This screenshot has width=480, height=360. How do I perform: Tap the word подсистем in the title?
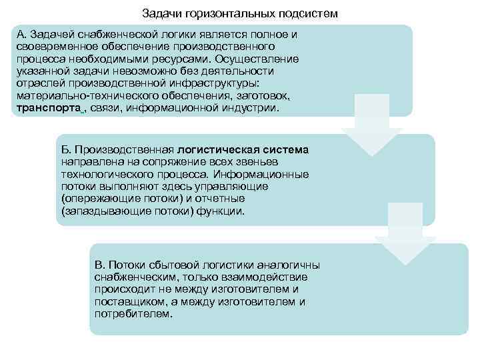click(305, 13)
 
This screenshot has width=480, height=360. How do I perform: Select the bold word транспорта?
click(49, 107)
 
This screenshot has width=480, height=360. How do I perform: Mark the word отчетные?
click(221, 198)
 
